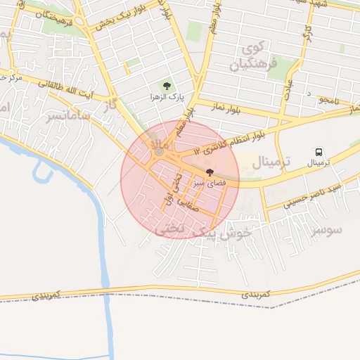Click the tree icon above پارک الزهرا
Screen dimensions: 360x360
166,86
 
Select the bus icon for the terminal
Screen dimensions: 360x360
319,153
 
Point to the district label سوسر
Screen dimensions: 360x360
328,230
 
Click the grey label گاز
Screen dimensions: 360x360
109,105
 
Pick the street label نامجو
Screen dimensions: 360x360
328,101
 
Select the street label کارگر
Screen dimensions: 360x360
307,32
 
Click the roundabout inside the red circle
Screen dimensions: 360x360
160,151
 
